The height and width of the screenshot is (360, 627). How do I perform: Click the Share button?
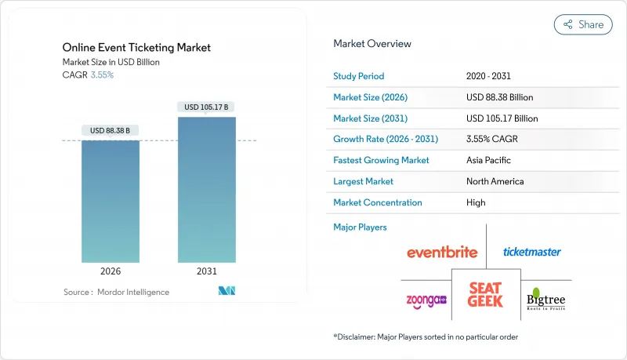coord(583,24)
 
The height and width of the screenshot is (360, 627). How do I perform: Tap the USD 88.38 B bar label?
coord(111,130)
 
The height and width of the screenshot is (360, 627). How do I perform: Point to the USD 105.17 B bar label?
coord(207,107)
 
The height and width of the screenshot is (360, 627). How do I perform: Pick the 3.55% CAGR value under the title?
coord(102,75)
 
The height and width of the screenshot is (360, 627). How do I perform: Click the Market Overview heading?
coord(372,44)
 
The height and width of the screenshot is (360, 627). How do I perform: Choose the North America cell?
coord(496,181)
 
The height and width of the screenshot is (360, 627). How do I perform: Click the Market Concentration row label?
coord(378,202)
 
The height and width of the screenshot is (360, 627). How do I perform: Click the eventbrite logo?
coord(443,253)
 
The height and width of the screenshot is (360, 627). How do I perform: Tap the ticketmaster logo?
coord(532,252)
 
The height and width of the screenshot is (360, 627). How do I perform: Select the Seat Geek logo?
coord(486,294)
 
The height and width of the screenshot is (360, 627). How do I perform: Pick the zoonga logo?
coord(426,300)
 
